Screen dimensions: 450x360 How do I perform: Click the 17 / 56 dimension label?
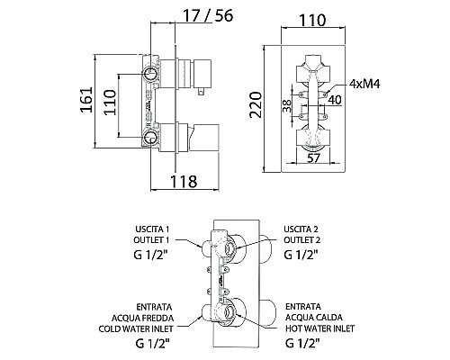[x=208, y=15]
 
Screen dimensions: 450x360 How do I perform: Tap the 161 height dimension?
[x=86, y=100]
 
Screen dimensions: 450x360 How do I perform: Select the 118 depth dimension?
[x=184, y=181]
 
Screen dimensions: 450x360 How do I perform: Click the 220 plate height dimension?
[x=256, y=104]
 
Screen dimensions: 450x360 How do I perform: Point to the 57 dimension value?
[x=314, y=157]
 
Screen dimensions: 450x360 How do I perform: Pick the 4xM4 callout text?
[x=364, y=84]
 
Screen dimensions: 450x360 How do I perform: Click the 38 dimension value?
[x=287, y=105]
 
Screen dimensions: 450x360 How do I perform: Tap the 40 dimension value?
[x=335, y=100]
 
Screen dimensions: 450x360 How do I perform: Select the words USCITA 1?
[x=152, y=229]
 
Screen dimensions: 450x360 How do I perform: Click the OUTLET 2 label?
[x=302, y=240]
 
